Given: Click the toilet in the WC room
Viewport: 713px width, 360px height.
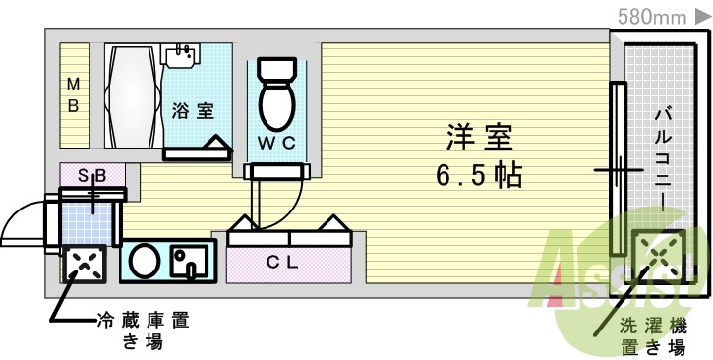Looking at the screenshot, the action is click(x=274, y=92).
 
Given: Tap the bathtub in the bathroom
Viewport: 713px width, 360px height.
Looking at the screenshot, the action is click(x=132, y=95).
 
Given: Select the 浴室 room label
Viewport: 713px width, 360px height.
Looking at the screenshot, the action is click(x=193, y=109).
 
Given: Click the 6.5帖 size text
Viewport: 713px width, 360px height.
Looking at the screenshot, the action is click(x=479, y=176).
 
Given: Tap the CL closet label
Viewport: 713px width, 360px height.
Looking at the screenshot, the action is click(x=289, y=262).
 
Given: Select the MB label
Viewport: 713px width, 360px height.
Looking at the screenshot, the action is click(x=73, y=94).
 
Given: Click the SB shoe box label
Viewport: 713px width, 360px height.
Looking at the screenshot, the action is click(x=93, y=175).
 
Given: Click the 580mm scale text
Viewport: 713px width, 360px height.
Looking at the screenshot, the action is click(x=650, y=15).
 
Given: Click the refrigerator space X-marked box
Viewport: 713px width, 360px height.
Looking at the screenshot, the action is click(x=84, y=263).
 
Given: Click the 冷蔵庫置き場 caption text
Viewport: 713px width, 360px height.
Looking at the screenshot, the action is click(x=143, y=330).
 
